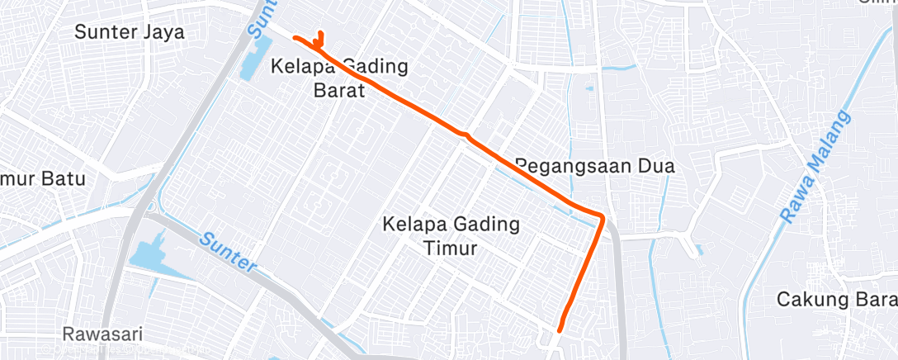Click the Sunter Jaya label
click(x=129, y=32)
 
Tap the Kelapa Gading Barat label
click(x=338, y=78)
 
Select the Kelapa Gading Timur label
click(x=451, y=235)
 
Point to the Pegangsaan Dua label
click(x=594, y=166)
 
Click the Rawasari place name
click(x=102, y=334)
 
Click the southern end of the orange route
click(x=560, y=329)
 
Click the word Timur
click(x=451, y=248)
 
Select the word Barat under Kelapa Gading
click(x=338, y=91)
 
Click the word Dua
click(x=656, y=166)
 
